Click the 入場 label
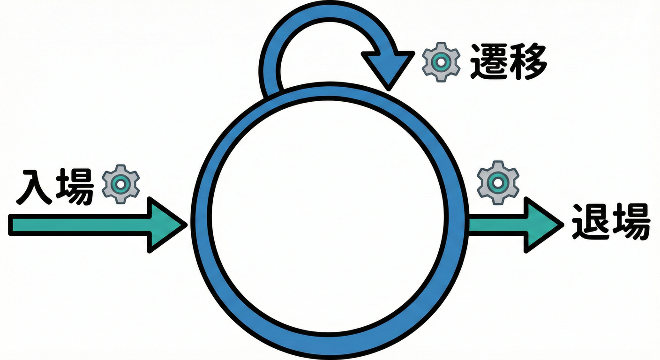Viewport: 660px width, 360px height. click(55, 187)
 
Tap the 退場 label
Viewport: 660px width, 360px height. click(611, 222)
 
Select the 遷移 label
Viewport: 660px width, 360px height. click(508, 61)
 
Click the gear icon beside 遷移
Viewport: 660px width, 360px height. click(441, 62)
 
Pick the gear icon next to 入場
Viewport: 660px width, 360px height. click(120, 184)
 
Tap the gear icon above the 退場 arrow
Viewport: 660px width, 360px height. click(498, 183)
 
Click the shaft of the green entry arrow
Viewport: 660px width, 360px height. click(80, 225)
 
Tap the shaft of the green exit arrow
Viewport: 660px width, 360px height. click(497, 225)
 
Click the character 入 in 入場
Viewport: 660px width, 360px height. click(35, 187)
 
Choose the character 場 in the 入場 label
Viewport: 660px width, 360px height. click(75, 187)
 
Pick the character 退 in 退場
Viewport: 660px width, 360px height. click(590, 222)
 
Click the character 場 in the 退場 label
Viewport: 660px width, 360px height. click(631, 222)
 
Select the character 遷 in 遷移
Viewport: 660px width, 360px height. click(489, 61)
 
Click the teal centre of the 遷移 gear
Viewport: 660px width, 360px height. click(441, 62)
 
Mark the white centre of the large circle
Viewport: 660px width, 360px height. click(328, 216)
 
